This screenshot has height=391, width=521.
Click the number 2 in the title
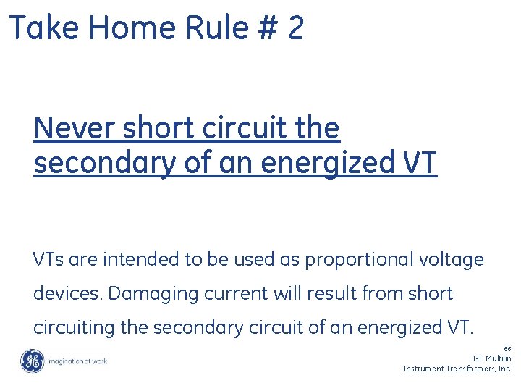[x=295, y=28]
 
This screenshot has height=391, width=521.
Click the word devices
[x=68, y=294]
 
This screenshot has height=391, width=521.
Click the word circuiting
[x=75, y=328]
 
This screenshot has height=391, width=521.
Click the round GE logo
[x=32, y=361]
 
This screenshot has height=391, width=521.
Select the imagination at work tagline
[x=79, y=361]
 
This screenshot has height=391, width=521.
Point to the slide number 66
[x=507, y=349]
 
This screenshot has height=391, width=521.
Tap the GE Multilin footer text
[x=492, y=358]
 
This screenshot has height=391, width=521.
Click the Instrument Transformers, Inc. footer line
[x=457, y=369]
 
